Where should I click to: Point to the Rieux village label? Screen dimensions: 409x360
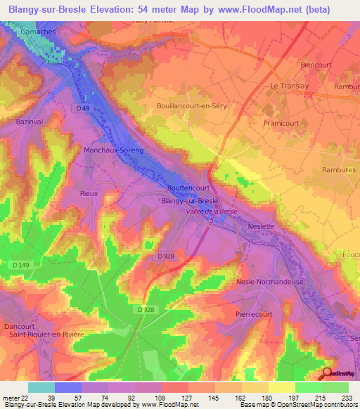pos(89,193)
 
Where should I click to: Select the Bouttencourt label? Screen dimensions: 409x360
pos(190,188)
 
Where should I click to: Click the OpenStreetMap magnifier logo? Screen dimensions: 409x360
pos(328,373)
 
